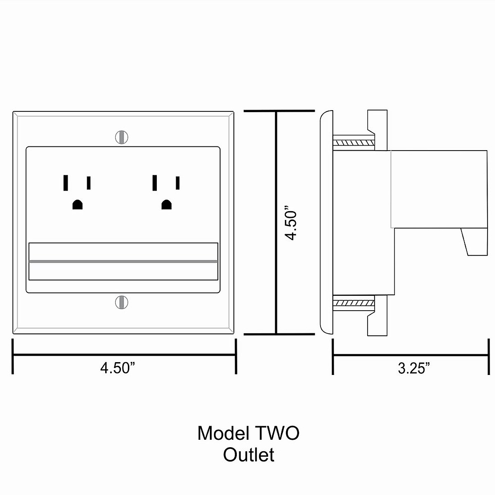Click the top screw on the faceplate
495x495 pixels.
pyautogui.click(x=122, y=137)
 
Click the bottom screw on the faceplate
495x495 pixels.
pyautogui.click(x=122, y=302)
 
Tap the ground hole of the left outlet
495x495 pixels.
pyautogui.click(x=77, y=205)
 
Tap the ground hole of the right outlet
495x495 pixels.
pyautogui.click(x=166, y=205)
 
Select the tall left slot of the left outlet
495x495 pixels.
pyautogui.click(x=66, y=183)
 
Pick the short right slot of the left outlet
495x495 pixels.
pyautogui.click(x=89, y=183)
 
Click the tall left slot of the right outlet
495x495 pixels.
pyautogui.click(x=155, y=183)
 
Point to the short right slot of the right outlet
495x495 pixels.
pyautogui.click(x=178, y=183)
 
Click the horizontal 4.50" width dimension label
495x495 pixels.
pyautogui.click(x=118, y=368)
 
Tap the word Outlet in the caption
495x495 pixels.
pyautogui.click(x=249, y=455)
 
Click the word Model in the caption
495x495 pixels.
pyautogui.click(x=223, y=434)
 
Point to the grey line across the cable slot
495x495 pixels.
pyautogui.click(x=123, y=262)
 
